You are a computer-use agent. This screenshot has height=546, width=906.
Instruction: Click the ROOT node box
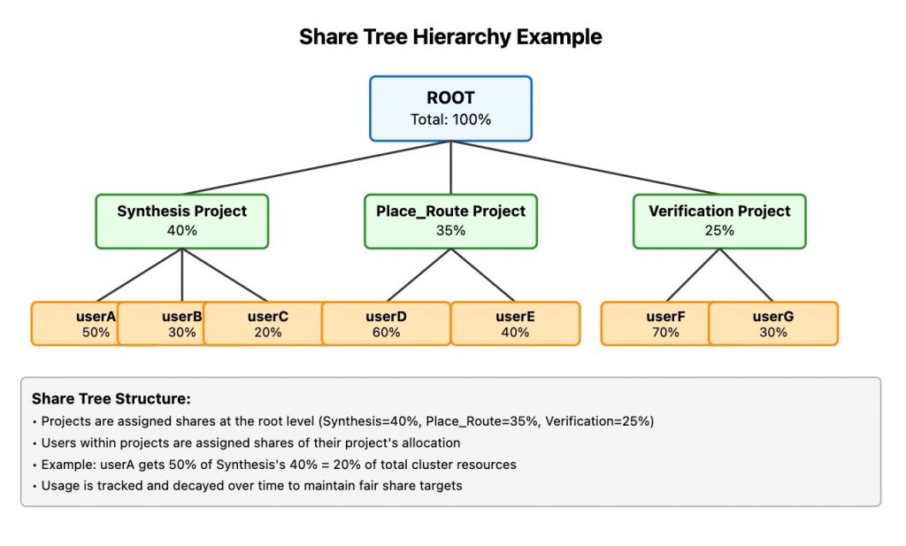click(450, 109)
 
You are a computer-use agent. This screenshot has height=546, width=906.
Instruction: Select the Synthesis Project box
click(182, 221)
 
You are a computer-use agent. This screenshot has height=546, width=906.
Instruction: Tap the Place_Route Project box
click(450, 221)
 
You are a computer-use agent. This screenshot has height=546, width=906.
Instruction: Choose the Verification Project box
click(719, 221)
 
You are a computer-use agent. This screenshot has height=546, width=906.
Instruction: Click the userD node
click(386, 324)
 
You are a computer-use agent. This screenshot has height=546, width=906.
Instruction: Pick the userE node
click(516, 324)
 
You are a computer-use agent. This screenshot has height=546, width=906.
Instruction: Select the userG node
click(773, 324)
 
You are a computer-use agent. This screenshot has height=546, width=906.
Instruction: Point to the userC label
click(268, 317)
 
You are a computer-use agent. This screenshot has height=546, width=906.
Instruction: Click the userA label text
click(96, 317)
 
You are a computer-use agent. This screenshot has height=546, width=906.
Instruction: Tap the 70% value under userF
click(665, 332)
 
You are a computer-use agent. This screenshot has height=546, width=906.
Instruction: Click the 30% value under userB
click(182, 332)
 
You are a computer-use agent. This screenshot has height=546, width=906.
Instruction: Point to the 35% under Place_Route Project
click(450, 231)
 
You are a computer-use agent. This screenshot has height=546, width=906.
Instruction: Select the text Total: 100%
click(450, 119)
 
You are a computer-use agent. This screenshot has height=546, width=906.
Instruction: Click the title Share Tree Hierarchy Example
click(450, 37)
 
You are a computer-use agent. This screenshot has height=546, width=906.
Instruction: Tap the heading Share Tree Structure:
click(111, 399)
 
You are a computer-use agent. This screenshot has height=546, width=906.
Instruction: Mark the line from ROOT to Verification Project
click(585, 167)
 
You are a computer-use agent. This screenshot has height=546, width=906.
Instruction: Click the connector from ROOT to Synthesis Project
click(317, 167)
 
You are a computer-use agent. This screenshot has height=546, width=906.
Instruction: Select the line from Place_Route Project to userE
click(483, 275)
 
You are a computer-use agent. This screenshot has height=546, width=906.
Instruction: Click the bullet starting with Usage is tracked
click(248, 486)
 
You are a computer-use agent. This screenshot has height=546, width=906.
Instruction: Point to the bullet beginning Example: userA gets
click(274, 465)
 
